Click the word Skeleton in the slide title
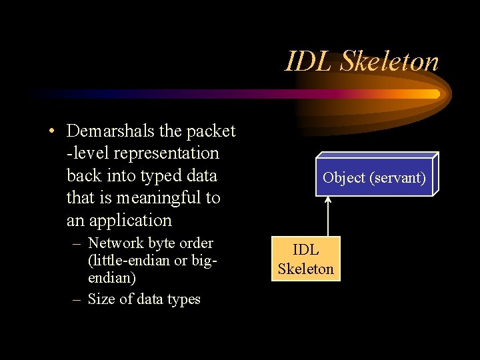tap(390, 61)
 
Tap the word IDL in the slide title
tap(310, 61)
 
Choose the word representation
tap(167, 153)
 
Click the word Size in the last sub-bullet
tap(101, 299)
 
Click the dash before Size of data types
tap(77, 299)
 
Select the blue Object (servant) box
tap(373, 177)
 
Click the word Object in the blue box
tap(343, 177)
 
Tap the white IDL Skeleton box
tap(305, 259)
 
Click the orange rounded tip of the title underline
tap(435, 94)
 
